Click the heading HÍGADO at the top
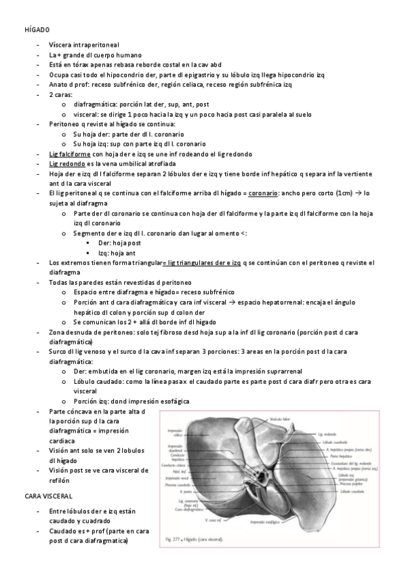point(36,31)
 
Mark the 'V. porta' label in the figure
point(177,491)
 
